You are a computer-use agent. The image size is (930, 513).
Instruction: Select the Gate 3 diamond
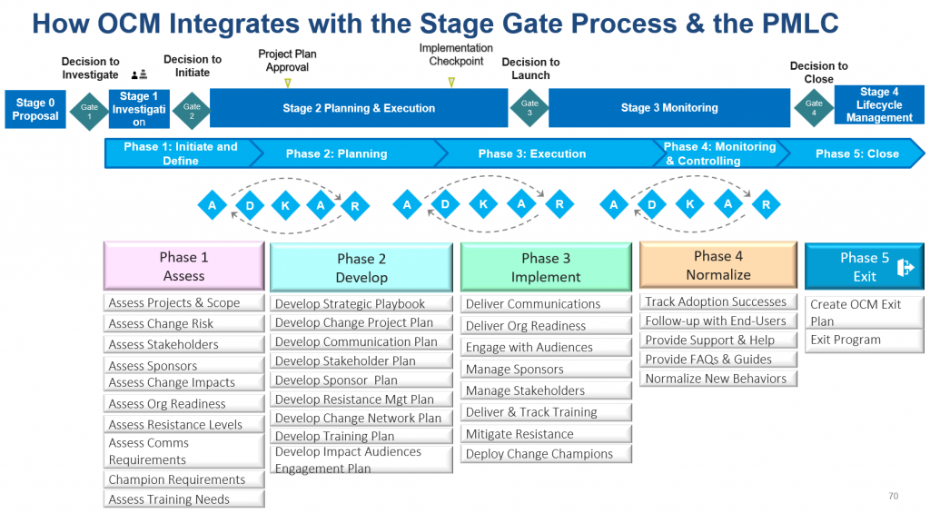tap(529, 108)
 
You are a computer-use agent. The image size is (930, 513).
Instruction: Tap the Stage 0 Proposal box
tap(35, 109)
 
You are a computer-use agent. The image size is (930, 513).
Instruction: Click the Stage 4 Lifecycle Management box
tap(878, 105)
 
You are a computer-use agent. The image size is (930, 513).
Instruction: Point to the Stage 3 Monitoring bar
tap(668, 108)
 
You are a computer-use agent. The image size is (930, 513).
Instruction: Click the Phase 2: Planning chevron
tap(336, 153)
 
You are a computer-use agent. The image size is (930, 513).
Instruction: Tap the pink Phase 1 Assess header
tap(183, 266)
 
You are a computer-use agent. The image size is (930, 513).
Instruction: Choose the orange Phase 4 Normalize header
tap(717, 265)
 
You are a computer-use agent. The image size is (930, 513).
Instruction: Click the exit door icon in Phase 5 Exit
tap(905, 267)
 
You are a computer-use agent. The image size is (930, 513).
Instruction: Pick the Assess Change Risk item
tap(163, 324)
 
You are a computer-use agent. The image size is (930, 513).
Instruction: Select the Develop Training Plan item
tap(335, 437)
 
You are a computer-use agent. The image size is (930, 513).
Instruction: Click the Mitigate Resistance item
tap(519, 434)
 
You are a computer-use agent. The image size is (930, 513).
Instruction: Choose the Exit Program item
tap(846, 340)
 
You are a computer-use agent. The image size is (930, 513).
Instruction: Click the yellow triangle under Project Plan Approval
tap(287, 83)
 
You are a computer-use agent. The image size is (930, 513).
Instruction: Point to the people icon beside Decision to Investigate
tap(139, 75)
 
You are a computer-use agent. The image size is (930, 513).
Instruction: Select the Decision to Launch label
tap(530, 69)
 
